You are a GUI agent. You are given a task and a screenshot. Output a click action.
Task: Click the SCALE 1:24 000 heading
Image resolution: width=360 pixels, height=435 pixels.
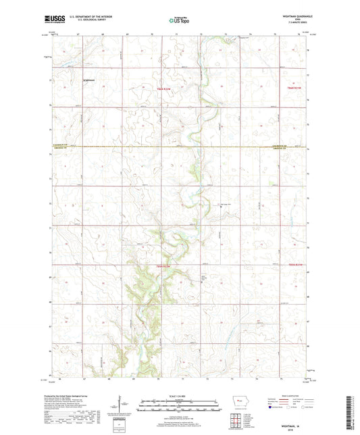pyautogui.click(x=180, y=396)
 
